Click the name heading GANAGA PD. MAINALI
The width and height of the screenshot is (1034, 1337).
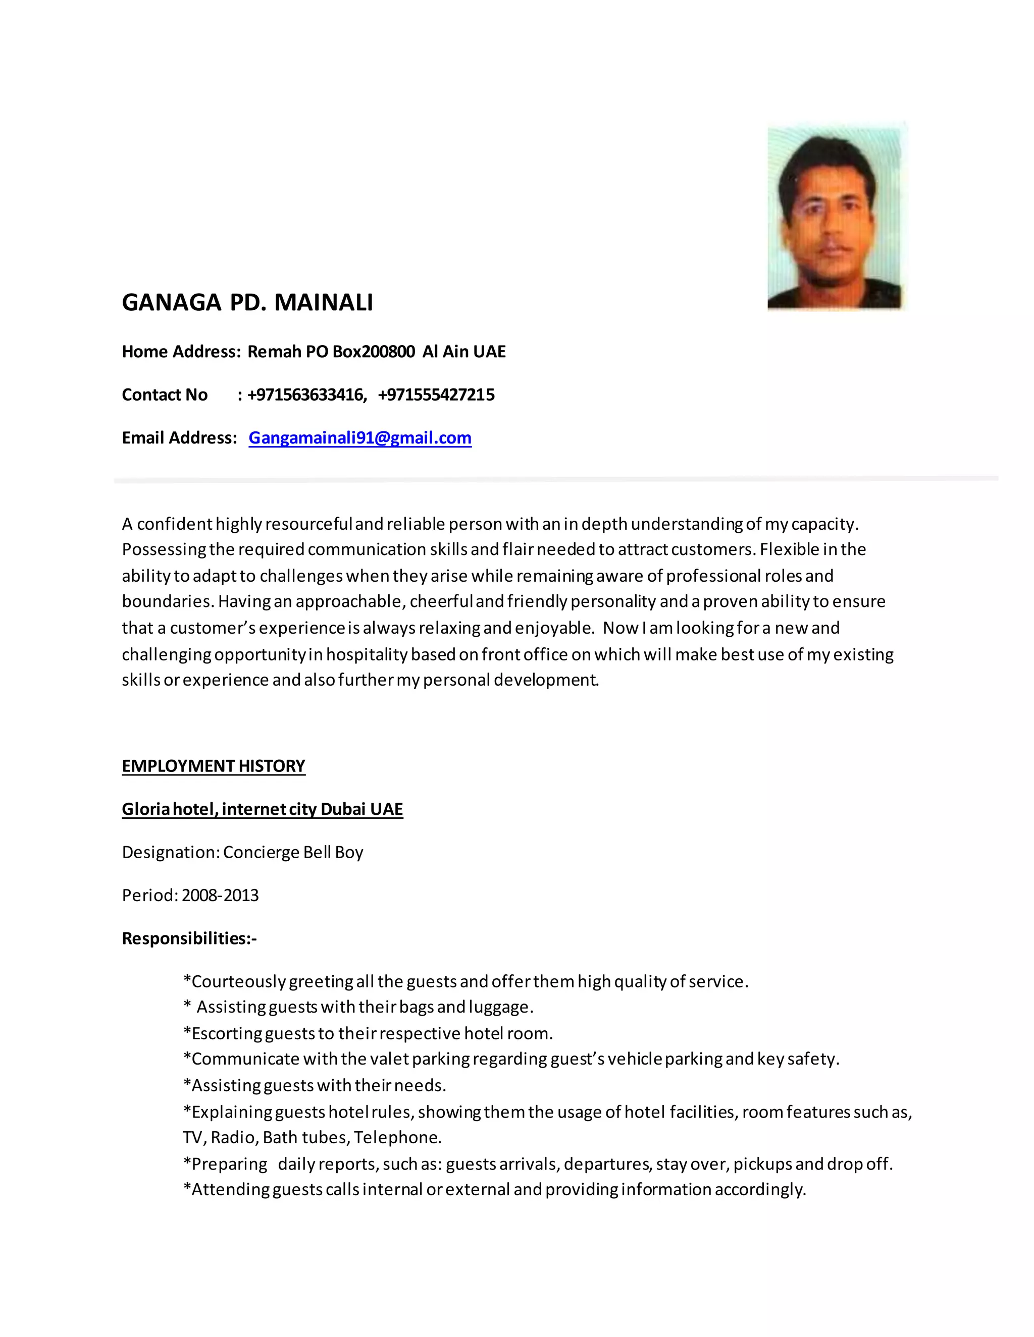(x=247, y=302)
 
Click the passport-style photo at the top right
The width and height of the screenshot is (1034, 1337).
(x=836, y=217)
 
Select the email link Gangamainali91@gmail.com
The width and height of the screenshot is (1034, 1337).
(x=359, y=438)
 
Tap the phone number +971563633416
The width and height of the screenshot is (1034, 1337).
(x=306, y=395)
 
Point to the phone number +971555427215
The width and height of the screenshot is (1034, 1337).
(x=436, y=395)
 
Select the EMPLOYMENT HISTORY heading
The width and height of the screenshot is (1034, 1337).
(x=213, y=766)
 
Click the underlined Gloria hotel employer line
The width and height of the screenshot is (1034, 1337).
(x=262, y=809)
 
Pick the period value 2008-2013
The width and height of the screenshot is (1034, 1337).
(x=220, y=896)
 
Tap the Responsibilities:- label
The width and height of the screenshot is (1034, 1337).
(x=189, y=938)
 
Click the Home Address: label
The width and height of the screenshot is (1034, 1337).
(x=181, y=352)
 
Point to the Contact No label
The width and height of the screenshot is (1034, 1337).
(x=164, y=395)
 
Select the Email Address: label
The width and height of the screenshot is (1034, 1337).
(x=179, y=438)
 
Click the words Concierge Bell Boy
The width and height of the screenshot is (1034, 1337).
(x=293, y=852)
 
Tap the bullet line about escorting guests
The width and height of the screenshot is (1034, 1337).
(x=368, y=1033)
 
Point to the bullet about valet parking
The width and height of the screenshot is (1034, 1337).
(x=511, y=1059)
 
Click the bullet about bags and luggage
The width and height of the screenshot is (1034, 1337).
(x=358, y=1007)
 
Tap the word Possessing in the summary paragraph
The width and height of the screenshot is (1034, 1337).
(x=164, y=550)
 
